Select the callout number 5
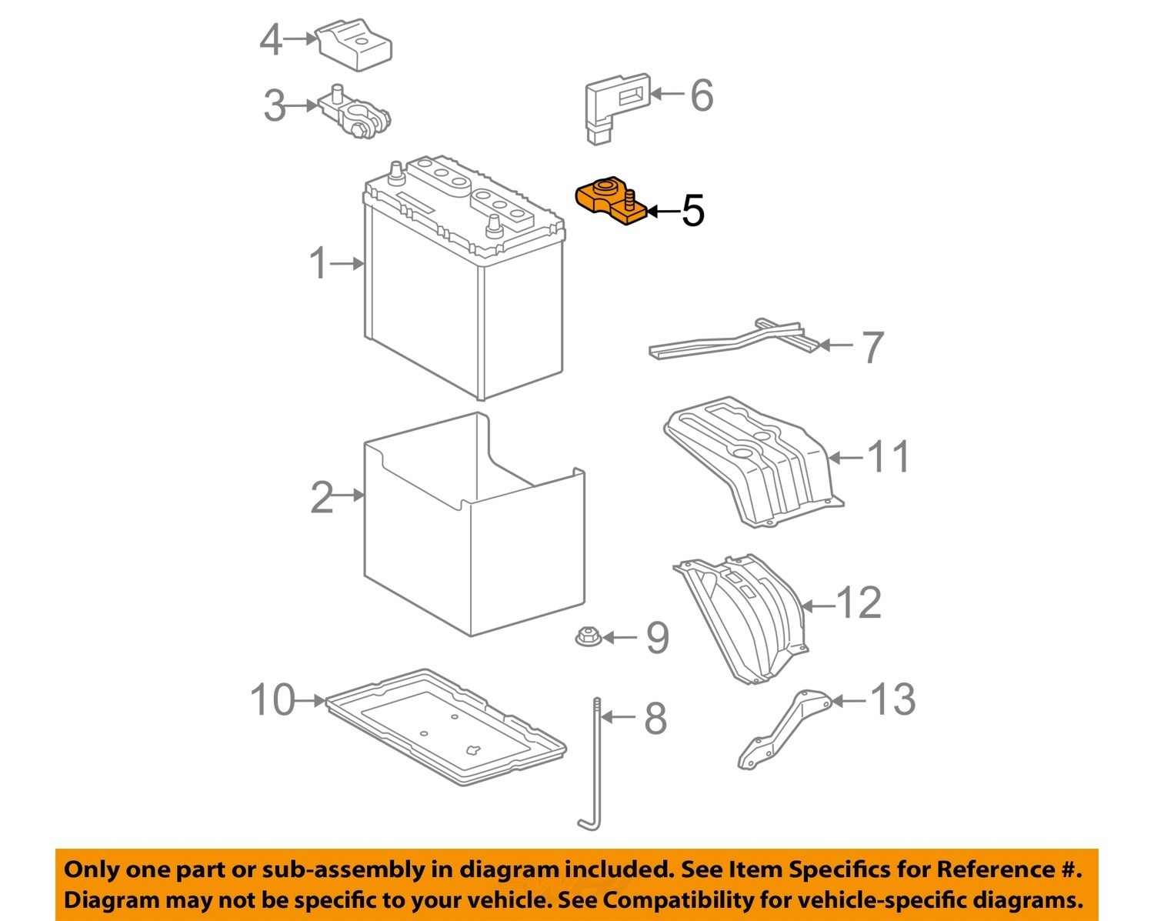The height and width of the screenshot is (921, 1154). pos(692,210)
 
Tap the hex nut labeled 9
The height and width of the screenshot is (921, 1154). pos(588,637)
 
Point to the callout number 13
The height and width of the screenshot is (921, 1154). pos(892,699)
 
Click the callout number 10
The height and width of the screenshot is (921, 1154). pos(272,700)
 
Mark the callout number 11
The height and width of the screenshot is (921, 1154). pos(889,456)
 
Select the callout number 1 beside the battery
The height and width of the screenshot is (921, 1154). pos(319,264)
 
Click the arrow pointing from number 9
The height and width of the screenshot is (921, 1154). pos(619,637)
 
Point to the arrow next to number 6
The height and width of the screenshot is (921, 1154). pos(666,95)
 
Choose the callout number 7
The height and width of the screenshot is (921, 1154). pos(872,347)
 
